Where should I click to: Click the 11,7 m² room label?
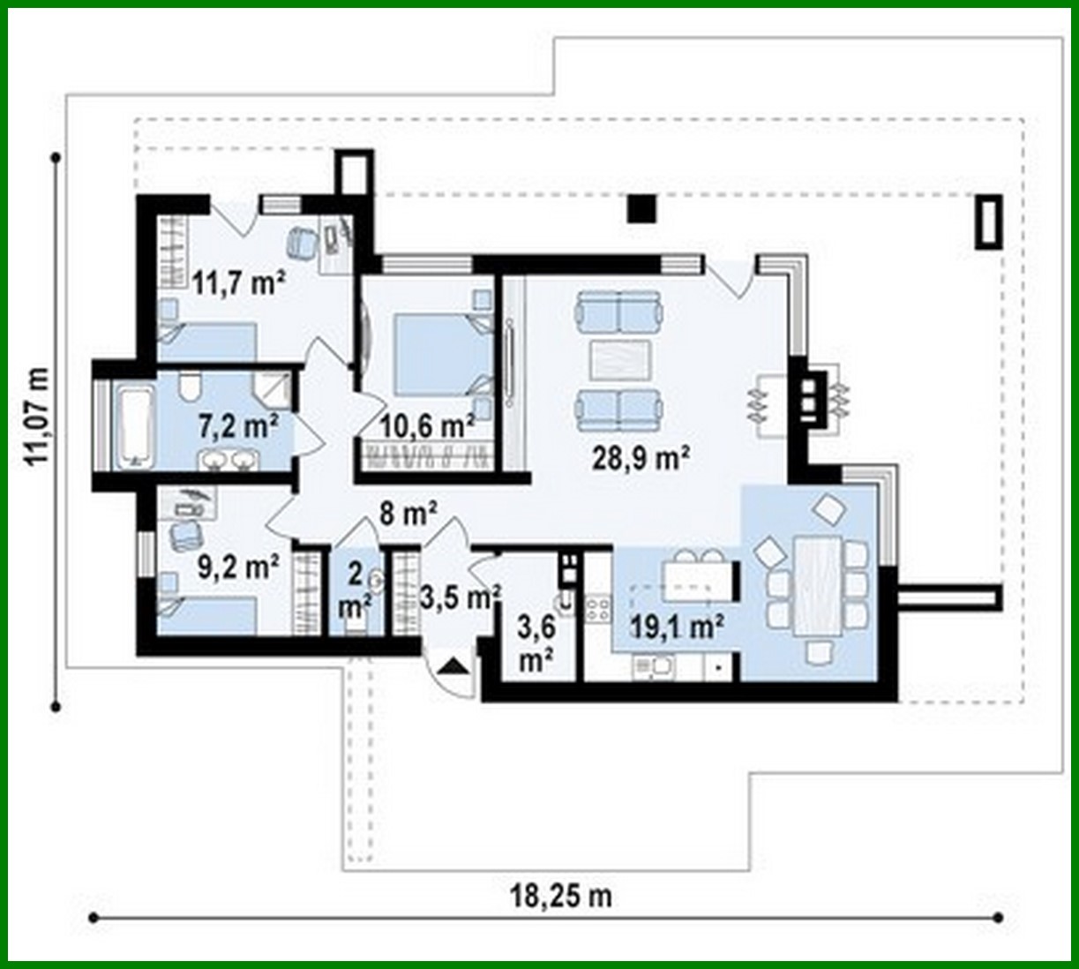pos(237,282)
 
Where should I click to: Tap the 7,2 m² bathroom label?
pos(238,426)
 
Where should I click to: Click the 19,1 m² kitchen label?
pos(678,627)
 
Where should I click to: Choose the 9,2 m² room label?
pos(238,566)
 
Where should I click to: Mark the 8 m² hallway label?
pos(409,514)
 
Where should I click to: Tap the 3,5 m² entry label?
pos(460,597)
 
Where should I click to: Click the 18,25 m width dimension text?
pos(561,896)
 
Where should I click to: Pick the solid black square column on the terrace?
pos(642,208)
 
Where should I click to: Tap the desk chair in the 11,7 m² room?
pos(302,240)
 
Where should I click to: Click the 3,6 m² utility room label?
pos(536,645)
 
